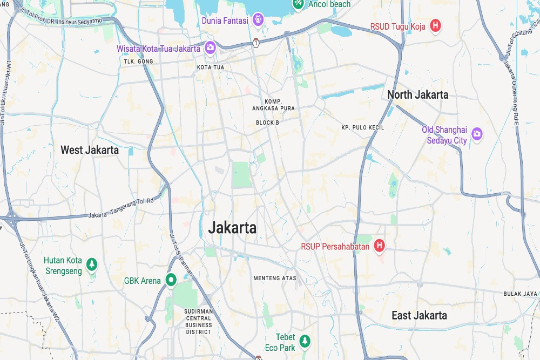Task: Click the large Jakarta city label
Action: tap(232, 228)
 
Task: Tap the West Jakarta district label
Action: tap(90, 150)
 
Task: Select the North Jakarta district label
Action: tap(417, 95)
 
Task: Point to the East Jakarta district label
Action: tap(419, 315)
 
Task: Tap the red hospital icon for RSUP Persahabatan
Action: tap(380, 246)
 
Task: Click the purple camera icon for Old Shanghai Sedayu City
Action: tap(476, 133)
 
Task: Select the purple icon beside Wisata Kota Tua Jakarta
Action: tap(210, 48)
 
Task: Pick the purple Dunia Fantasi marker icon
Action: tap(258, 21)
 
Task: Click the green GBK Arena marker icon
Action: tap(171, 280)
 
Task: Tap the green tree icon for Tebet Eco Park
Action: tap(306, 341)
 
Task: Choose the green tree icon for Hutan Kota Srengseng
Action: tap(92, 264)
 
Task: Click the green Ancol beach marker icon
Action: tap(298, 4)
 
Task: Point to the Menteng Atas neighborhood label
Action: tap(275, 279)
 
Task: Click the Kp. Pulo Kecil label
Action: tap(362, 127)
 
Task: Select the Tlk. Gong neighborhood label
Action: tap(138, 62)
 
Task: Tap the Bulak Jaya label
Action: tap(521, 294)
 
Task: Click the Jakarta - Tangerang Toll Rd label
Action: tap(121, 214)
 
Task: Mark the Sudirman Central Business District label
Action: tap(199, 322)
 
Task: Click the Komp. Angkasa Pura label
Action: tap(273, 105)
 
